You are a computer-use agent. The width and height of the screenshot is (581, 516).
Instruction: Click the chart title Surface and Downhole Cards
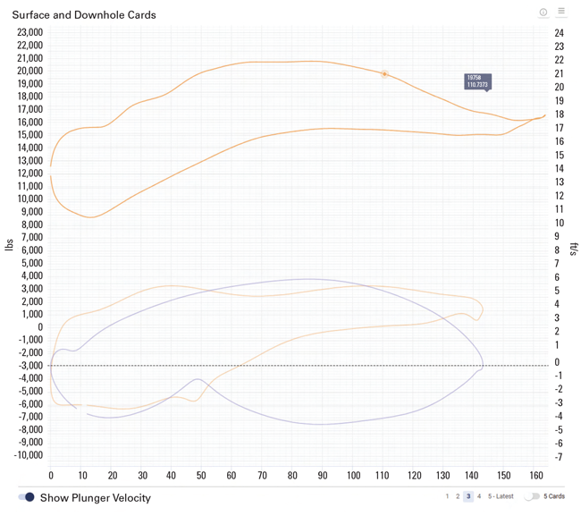[84, 15]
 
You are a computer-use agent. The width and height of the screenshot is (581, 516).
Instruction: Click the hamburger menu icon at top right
[561, 12]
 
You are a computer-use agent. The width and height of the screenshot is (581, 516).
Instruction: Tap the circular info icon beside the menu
[543, 13]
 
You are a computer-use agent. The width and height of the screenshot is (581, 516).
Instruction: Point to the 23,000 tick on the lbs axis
[29, 32]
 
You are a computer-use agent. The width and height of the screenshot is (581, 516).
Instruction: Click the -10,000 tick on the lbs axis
[28, 455]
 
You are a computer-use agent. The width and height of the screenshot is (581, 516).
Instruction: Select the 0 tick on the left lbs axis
[39, 327]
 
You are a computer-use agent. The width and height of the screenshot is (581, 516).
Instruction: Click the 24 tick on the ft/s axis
[560, 33]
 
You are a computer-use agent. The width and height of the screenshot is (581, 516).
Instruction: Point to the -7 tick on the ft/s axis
[559, 457]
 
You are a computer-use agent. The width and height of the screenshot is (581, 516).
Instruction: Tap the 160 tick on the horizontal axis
[535, 476]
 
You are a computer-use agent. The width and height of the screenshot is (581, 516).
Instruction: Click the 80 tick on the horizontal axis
[292, 476]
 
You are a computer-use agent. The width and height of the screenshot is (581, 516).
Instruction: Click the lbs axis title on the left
[10, 244]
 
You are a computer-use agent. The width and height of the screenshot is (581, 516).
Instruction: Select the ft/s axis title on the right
[574, 248]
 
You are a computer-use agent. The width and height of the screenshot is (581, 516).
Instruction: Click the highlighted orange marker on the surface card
[384, 74]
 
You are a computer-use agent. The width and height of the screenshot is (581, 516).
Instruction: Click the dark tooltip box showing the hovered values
[477, 81]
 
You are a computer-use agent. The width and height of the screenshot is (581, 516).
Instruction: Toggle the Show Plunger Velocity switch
[26, 497]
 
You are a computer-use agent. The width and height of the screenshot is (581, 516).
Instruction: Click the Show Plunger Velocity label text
[95, 498]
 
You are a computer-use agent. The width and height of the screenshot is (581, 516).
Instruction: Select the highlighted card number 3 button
[468, 496]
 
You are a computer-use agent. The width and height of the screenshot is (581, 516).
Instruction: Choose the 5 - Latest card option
[501, 496]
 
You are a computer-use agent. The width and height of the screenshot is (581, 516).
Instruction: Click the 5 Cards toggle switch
[533, 496]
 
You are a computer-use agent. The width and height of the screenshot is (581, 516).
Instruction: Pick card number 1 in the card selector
[448, 496]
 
